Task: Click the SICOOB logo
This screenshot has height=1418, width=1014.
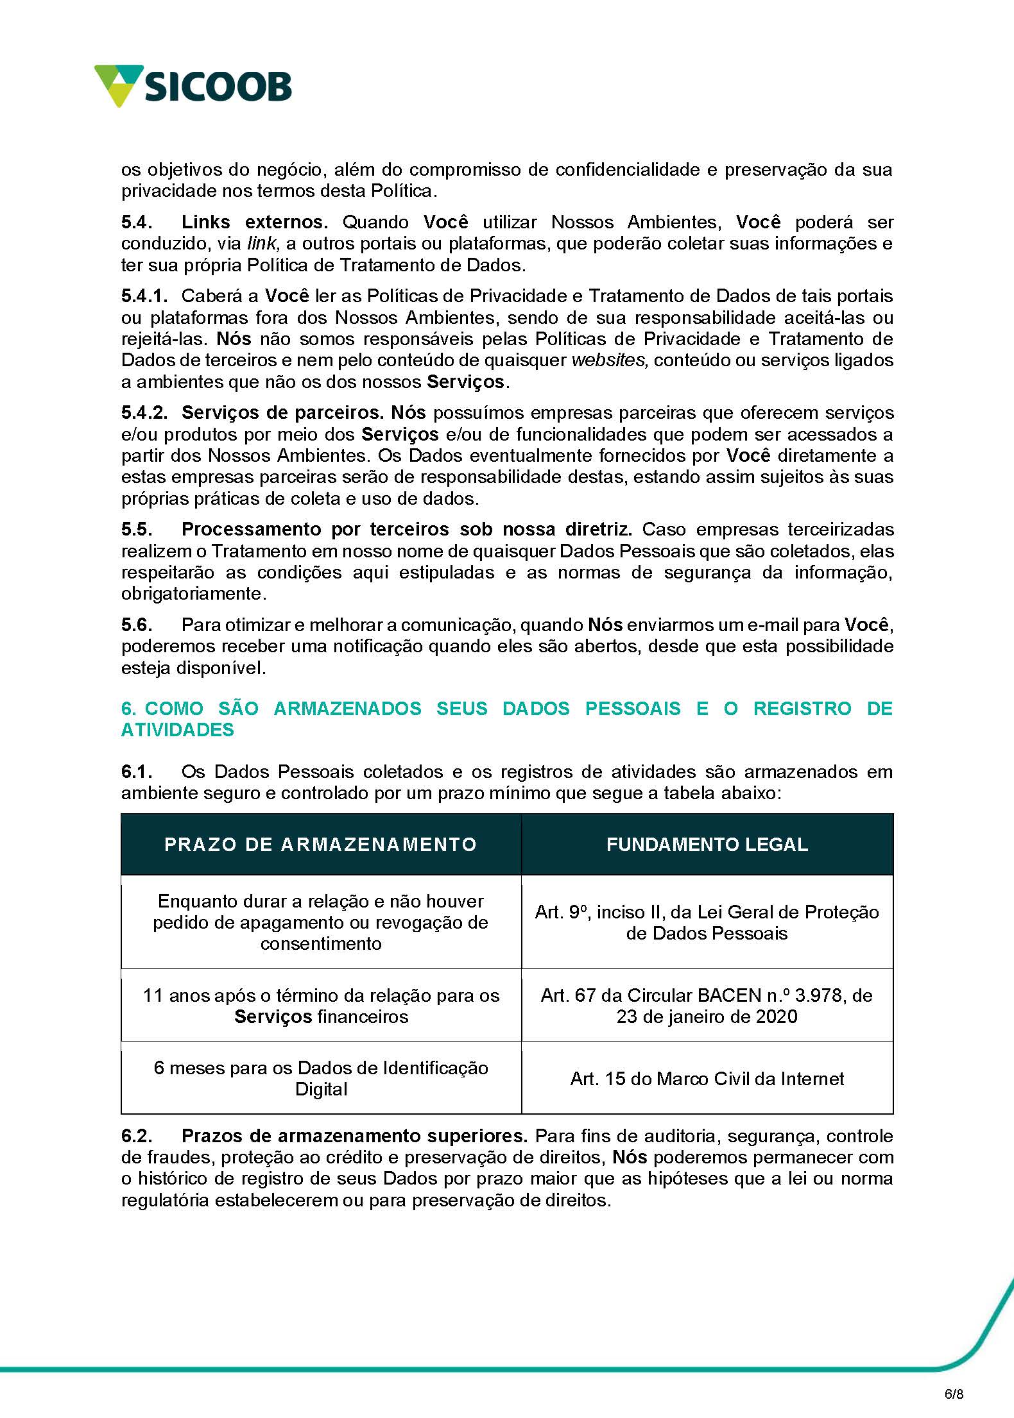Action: coord(193,86)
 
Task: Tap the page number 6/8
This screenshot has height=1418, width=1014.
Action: coord(954,1390)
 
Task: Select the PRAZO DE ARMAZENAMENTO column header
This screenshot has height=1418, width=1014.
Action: coord(321,844)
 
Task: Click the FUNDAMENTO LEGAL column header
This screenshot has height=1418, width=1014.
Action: coord(707,844)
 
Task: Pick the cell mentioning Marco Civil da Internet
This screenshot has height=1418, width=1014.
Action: coord(707,1079)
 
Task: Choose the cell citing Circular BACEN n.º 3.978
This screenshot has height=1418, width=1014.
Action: coord(707,1006)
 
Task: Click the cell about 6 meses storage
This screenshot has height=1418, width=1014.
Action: coord(321,1078)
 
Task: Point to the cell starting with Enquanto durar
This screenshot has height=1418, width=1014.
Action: coord(321,922)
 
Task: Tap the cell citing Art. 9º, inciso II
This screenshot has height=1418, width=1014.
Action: coord(707,922)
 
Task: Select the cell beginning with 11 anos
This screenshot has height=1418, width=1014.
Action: coord(321,1006)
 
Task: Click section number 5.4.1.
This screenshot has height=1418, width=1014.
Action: coord(144,296)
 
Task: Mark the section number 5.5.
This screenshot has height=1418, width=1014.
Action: coord(137,530)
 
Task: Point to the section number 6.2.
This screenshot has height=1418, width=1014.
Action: coord(137,1136)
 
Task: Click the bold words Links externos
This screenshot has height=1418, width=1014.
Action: coord(255,223)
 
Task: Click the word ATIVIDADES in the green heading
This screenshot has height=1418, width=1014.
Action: coord(178,730)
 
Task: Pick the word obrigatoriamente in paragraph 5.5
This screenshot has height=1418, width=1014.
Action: coord(193,594)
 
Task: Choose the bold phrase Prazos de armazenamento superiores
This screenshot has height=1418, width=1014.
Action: coord(354,1136)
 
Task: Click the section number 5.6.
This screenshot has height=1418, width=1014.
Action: coord(137,625)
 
